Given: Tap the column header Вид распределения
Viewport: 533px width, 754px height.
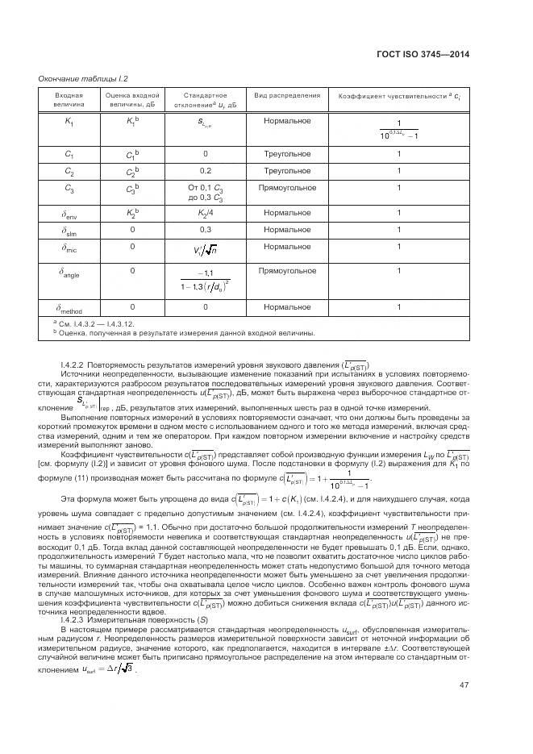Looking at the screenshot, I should [x=286, y=96].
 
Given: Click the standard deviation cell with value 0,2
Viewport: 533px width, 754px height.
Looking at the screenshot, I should [x=205, y=171].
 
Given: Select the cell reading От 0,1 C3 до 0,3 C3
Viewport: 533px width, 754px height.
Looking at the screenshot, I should [x=205, y=192].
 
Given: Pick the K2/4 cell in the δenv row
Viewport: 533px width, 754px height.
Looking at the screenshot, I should [x=205, y=214].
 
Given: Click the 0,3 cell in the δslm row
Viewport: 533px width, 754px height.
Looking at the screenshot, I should [x=205, y=230].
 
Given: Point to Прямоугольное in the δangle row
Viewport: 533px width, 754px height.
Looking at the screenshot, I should [x=286, y=271].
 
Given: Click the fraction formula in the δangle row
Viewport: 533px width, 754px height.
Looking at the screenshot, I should [x=205, y=281].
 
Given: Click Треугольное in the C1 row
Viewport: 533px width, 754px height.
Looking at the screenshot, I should [x=286, y=153].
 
